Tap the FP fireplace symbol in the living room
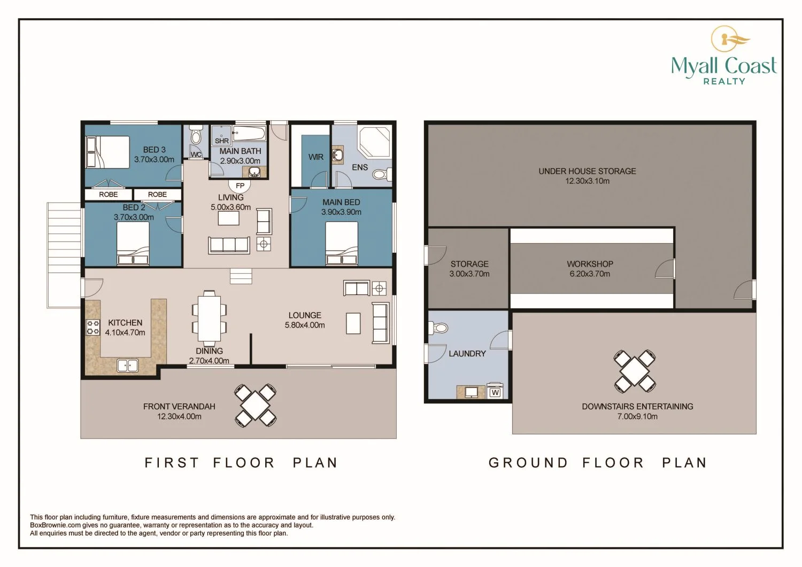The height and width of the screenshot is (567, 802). tap(240, 185)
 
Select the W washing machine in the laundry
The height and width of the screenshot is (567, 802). tap(495, 391)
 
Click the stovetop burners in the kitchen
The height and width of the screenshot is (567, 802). tap(92, 327)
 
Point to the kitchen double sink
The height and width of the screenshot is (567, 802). tap(128, 366)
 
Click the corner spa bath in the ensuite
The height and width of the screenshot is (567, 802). tap(374, 141)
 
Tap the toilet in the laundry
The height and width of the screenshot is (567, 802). tap(438, 328)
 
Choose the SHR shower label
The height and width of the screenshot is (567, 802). tap(222, 141)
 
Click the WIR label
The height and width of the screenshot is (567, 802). tap(316, 157)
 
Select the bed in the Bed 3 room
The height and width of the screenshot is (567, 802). tap(108, 152)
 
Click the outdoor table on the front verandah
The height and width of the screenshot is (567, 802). tap(255, 405)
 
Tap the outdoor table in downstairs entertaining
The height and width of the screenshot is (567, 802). tap(635, 371)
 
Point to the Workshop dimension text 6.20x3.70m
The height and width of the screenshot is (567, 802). tap(590, 274)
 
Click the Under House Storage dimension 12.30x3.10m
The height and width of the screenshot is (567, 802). tap(587, 181)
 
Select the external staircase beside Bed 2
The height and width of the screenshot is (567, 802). tap(64, 255)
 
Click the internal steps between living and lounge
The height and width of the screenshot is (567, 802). tap(241, 276)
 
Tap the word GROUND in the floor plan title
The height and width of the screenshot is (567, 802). tap(528, 462)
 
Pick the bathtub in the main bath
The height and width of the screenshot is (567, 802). tap(249, 134)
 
